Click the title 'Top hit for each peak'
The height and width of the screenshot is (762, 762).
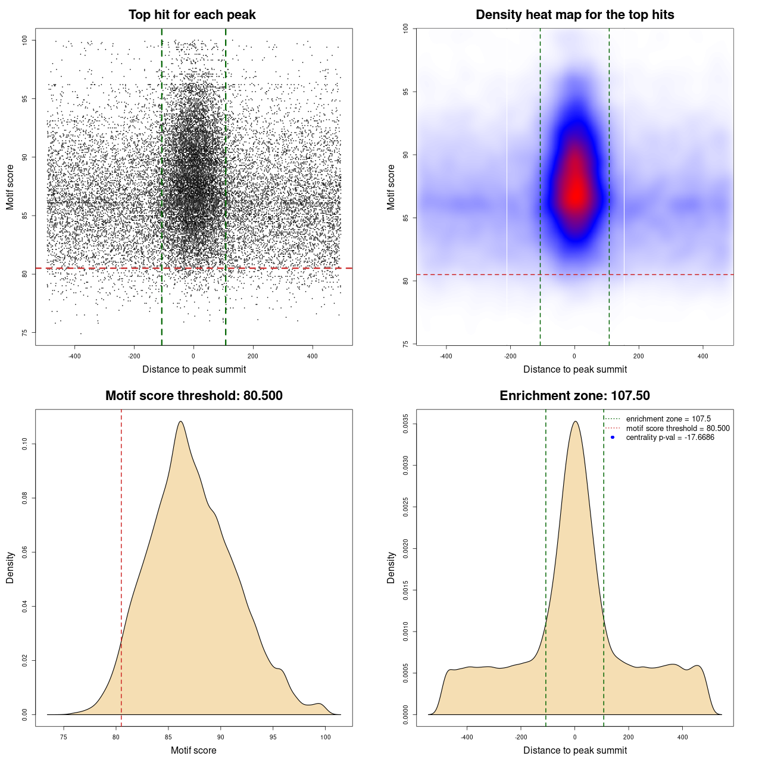[192, 15]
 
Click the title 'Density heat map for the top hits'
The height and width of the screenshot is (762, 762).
[574, 15]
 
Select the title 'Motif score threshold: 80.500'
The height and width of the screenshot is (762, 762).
[193, 396]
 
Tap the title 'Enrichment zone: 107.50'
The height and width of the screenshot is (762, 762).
[574, 396]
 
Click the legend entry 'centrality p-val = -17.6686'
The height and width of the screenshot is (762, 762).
[670, 438]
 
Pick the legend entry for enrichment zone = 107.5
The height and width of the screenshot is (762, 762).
[668, 419]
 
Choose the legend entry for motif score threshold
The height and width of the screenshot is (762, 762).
[677, 429]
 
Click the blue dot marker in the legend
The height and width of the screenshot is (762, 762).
[613, 438]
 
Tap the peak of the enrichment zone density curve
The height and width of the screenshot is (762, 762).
[575, 421]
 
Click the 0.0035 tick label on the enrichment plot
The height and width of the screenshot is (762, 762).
[405, 424]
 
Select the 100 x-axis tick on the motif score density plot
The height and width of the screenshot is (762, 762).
[325, 737]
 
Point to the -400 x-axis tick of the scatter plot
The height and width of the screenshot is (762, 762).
[74, 356]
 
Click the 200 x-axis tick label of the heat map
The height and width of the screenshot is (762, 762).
[639, 356]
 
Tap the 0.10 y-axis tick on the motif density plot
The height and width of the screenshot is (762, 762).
[24, 444]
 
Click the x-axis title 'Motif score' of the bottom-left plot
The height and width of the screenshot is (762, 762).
[193, 750]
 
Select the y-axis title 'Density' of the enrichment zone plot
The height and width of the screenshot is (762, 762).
[391, 567]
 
